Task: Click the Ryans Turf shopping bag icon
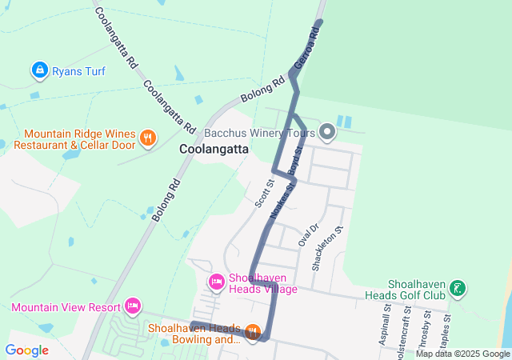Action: pyautogui.click(x=39, y=70)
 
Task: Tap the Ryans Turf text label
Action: pyautogui.click(x=78, y=71)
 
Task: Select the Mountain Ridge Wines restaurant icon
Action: pyautogui.click(x=147, y=139)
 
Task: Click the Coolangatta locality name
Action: pyautogui.click(x=214, y=149)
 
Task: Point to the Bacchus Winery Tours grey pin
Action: pyautogui.click(x=326, y=131)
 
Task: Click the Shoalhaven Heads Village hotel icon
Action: pyautogui.click(x=216, y=282)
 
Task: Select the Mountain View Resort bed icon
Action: pyautogui.click(x=133, y=306)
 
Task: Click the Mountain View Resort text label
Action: pyautogui.click(x=65, y=306)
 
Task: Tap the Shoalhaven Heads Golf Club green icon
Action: pyautogui.click(x=457, y=288)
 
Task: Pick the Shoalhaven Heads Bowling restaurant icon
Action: pyautogui.click(x=253, y=331)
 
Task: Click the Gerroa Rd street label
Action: pyautogui.click(x=306, y=49)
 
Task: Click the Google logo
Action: pyautogui.click(x=26, y=350)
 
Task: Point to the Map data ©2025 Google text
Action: pyautogui.click(x=462, y=354)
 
